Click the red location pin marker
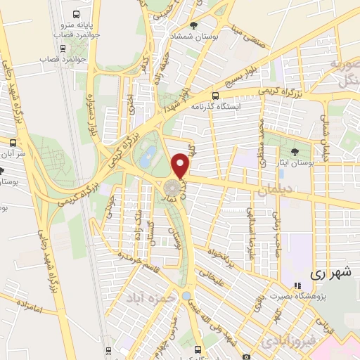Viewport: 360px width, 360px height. tap(181, 165)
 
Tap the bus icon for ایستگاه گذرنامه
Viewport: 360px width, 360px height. tap(216, 96)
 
